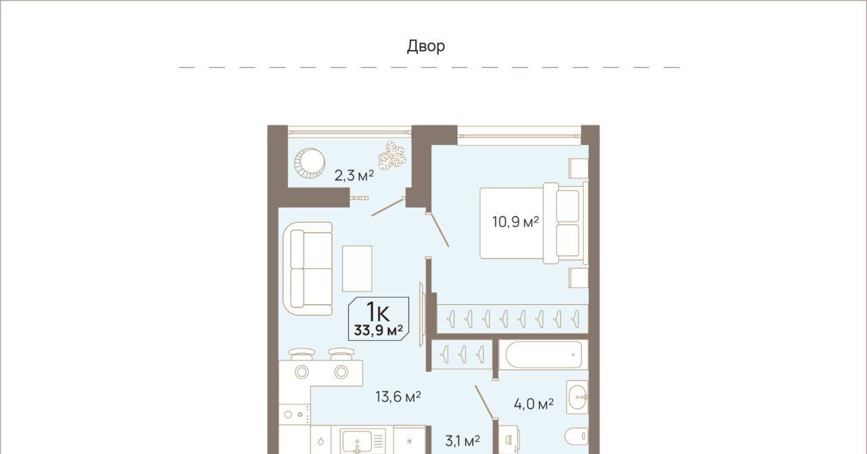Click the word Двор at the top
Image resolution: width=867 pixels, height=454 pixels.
click(426, 46)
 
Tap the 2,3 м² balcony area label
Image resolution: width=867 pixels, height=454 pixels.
click(354, 176)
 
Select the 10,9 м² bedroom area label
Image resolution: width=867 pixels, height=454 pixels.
click(515, 222)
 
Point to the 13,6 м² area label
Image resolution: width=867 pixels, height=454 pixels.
click(398, 396)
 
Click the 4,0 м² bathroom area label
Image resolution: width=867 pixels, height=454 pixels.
click(533, 404)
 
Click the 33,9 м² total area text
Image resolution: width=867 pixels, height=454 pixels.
click(378, 331)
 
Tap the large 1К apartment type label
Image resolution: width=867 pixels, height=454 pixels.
click(378, 312)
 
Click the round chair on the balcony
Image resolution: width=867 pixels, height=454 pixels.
click(310, 163)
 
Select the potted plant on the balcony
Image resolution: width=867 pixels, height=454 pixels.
click(392, 155)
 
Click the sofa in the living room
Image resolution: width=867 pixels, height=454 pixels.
click(308, 268)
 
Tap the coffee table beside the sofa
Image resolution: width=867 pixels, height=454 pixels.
click(357, 268)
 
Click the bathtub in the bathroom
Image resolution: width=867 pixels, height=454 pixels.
click(543, 355)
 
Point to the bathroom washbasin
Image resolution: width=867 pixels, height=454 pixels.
click(577, 397)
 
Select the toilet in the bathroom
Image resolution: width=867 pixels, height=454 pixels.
click(576, 436)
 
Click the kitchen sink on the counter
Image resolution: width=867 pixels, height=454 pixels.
click(362, 441)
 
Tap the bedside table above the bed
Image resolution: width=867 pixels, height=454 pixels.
click(578, 168)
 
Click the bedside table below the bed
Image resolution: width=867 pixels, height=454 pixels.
click(578, 278)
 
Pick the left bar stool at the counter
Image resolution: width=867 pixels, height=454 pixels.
click(302, 353)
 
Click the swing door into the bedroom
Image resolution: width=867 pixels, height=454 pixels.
click(438, 229)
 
